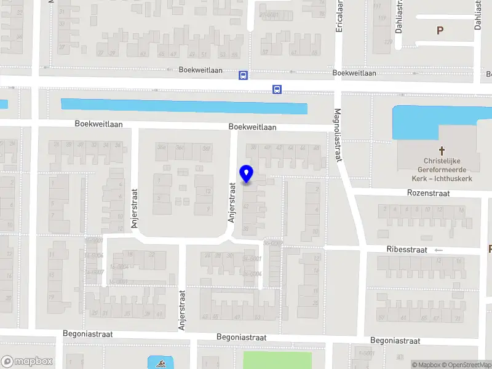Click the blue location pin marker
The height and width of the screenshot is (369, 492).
tap(247, 174)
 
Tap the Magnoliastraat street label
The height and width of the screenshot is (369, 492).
tap(337, 135)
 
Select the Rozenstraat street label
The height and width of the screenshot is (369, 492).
tap(428, 193)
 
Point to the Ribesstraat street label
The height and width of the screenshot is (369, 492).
tap(407, 250)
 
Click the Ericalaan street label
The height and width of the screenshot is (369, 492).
tap(338, 15)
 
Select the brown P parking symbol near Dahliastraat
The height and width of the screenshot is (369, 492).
tap(440, 30)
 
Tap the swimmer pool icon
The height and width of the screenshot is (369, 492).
tap(153, 362)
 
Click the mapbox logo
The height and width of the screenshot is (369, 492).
tap(26, 362)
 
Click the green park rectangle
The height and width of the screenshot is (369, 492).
tap(277, 360)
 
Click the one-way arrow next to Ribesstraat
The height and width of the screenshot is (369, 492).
tap(438, 250)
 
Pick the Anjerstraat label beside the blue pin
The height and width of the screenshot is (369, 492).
tap(232, 202)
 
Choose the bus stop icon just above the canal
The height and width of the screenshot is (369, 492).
tap(277, 90)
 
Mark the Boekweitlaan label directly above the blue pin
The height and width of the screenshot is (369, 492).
tap(252, 127)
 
